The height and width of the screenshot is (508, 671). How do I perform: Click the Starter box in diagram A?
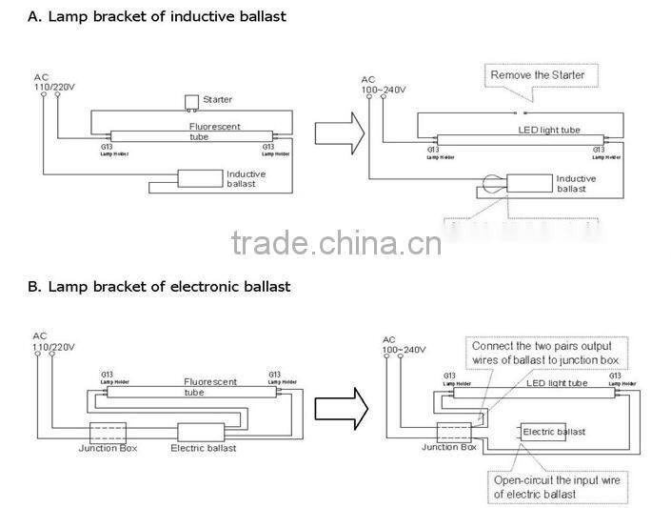point(193,101)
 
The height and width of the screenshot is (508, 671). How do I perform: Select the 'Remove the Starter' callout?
point(538,74)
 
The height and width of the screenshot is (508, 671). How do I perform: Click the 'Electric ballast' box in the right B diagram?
point(550,432)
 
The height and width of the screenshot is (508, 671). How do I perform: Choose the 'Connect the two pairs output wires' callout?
point(541,353)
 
